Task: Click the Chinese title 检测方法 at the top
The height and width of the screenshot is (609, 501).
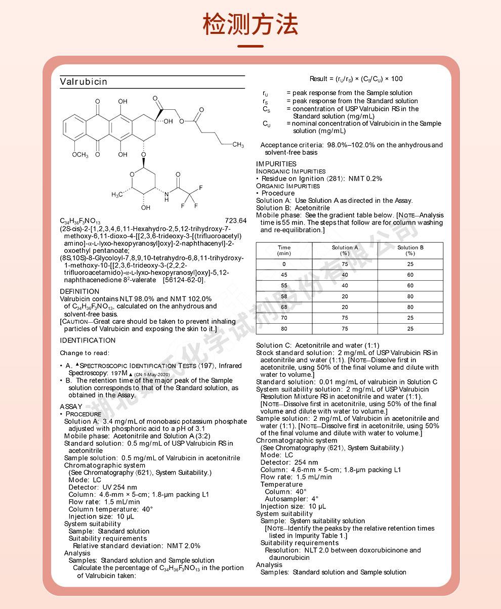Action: (250, 24)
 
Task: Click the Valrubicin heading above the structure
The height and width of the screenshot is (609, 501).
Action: (83, 82)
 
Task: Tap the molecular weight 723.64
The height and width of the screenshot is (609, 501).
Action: (235, 221)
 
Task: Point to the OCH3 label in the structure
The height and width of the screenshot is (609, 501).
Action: (79, 155)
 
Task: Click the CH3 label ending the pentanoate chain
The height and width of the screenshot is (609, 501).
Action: (238, 145)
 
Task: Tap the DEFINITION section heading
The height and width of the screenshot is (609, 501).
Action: (79, 291)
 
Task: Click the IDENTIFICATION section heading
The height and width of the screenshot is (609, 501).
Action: (88, 340)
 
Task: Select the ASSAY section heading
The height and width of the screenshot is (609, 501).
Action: (71, 406)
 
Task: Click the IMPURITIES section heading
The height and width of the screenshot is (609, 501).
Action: (276, 164)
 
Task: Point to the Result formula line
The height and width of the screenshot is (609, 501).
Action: (356, 78)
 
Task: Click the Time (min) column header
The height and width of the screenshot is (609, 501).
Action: (284, 250)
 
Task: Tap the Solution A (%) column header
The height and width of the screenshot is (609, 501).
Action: (345, 250)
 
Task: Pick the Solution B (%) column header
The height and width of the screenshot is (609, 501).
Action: (410, 250)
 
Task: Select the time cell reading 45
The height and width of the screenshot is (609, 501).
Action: (284, 275)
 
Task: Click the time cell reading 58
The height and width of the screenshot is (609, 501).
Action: (284, 296)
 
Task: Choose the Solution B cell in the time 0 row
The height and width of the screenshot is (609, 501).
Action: (410, 264)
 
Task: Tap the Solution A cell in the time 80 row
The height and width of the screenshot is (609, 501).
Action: (345, 329)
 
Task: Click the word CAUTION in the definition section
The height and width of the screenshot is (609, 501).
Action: (75, 322)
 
